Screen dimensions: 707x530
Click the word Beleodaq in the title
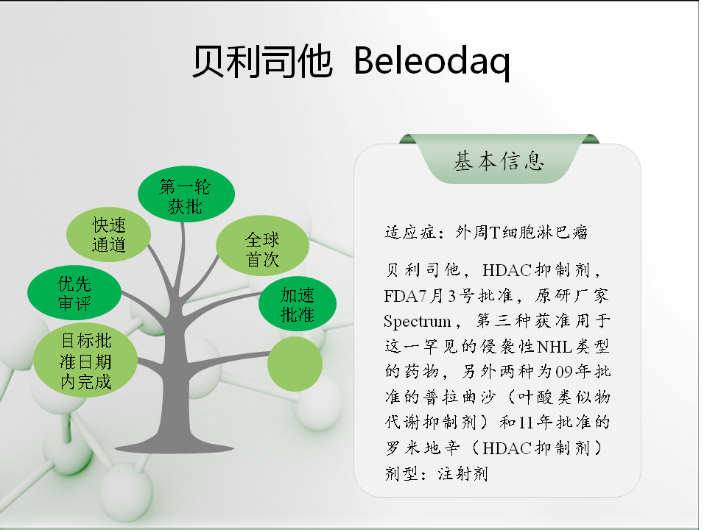(432, 62)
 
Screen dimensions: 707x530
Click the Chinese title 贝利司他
(262, 61)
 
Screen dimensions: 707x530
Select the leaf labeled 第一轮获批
(186, 194)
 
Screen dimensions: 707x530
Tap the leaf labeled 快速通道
(109, 234)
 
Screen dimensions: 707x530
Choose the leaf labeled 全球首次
(262, 246)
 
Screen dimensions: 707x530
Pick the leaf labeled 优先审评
(74, 293)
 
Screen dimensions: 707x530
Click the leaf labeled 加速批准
(298, 304)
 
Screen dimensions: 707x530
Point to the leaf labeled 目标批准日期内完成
(85, 360)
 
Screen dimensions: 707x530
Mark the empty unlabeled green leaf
(295, 364)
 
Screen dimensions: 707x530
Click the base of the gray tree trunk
(175, 447)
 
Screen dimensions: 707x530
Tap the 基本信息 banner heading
(499, 161)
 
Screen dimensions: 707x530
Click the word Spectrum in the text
(417, 322)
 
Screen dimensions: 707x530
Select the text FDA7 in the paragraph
(405, 296)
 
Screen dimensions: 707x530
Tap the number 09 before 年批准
(564, 372)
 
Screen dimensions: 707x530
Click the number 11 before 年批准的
(526, 423)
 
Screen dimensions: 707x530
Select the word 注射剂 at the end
(463, 473)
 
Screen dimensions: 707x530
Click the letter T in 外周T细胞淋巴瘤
(494, 233)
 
